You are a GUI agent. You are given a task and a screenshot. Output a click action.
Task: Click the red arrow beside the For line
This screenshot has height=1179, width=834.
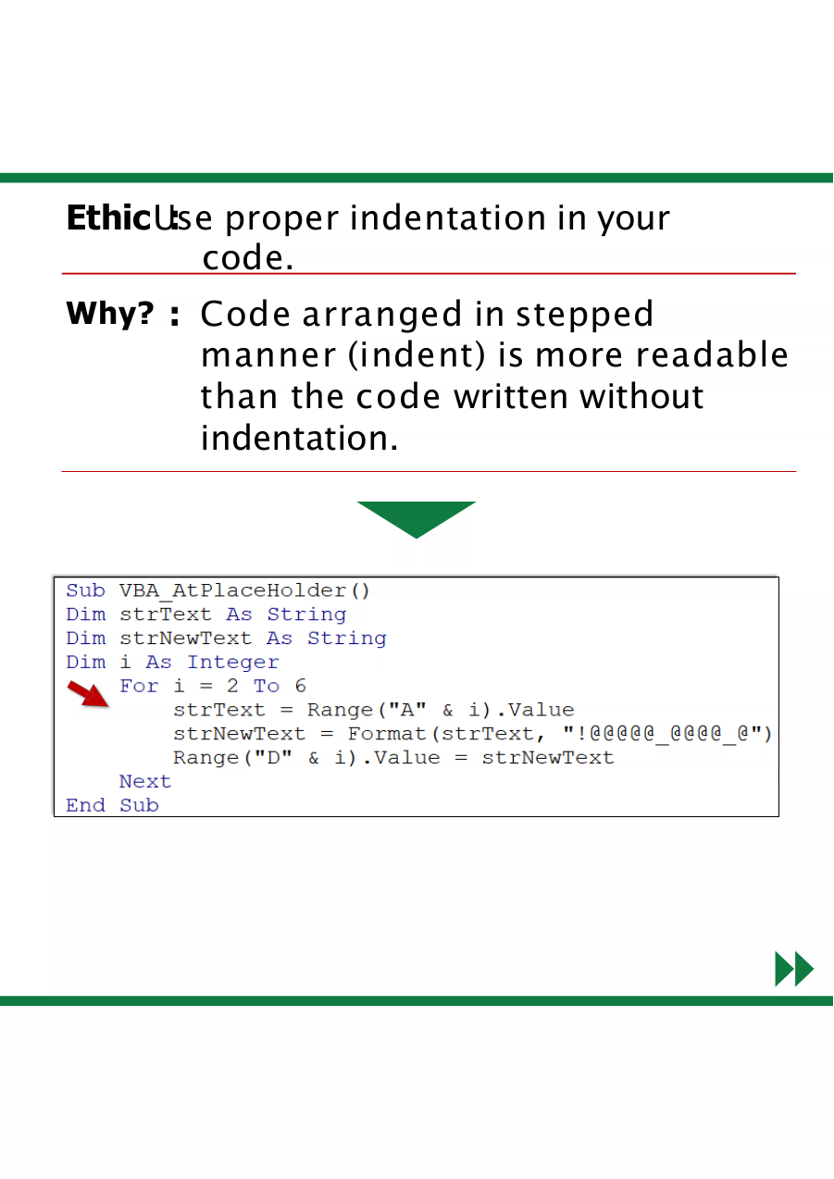point(89,694)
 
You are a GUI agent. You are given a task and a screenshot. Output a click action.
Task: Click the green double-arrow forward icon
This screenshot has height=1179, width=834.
point(794,968)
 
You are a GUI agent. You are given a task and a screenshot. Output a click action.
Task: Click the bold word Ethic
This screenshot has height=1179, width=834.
point(109,217)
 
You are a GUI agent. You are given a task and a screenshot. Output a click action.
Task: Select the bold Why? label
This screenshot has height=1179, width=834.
point(110,315)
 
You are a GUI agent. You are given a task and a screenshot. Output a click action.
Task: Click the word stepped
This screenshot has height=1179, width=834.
point(584,316)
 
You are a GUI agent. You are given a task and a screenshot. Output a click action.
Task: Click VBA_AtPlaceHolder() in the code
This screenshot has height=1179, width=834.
point(244,590)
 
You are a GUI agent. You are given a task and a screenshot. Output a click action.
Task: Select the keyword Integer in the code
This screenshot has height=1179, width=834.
point(233,663)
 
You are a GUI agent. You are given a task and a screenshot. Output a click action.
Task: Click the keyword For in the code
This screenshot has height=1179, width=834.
point(139,686)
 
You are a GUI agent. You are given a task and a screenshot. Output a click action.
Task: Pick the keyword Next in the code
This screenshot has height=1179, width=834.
point(145,781)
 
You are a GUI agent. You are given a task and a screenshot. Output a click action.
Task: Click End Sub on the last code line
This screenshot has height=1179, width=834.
point(112,805)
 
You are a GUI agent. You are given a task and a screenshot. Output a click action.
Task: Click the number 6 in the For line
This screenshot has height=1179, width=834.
point(300,686)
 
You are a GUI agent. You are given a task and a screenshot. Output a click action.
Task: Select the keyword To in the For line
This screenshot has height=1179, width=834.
point(267,686)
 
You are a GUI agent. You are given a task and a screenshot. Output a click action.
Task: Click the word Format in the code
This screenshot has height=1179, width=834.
point(387,733)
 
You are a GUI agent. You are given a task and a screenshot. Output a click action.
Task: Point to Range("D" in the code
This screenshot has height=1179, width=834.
point(232,758)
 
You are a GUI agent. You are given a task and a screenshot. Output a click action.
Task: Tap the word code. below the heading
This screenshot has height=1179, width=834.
point(248,258)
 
